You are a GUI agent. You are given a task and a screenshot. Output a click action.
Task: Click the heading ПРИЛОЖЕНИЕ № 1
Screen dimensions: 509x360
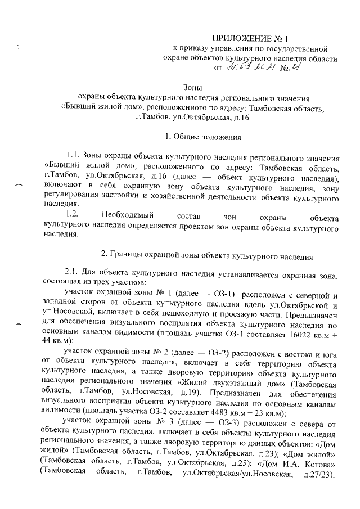coord(249,38)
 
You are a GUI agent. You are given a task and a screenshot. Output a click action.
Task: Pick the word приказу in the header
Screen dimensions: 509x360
coord(200,49)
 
